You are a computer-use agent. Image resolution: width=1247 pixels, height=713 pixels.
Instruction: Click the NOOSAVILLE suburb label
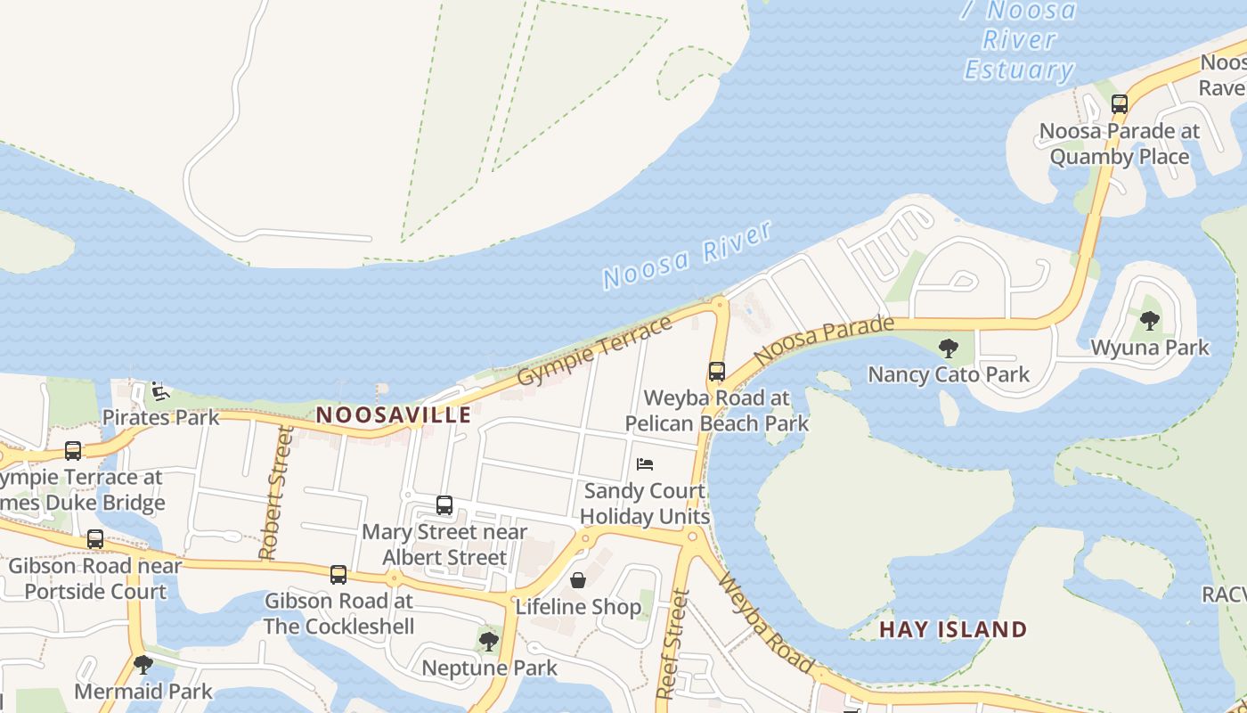tap(394, 414)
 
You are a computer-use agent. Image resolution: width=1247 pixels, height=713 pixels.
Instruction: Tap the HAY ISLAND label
tap(953, 629)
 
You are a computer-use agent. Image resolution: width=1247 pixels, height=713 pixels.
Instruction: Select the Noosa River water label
tap(687, 255)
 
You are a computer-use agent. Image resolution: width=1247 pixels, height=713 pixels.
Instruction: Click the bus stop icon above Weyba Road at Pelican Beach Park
tap(717, 372)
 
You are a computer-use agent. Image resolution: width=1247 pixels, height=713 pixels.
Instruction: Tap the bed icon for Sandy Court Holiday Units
tap(645, 463)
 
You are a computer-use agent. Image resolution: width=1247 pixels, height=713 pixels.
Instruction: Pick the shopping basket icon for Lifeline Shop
tap(578, 580)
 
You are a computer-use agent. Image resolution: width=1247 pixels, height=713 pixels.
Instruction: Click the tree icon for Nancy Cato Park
tap(949, 348)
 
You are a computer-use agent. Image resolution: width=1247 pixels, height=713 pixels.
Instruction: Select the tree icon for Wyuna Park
tap(1150, 321)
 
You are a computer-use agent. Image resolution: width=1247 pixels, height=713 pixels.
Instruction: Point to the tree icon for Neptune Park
tap(488, 640)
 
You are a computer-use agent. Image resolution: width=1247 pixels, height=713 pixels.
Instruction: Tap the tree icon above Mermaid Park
tap(143, 664)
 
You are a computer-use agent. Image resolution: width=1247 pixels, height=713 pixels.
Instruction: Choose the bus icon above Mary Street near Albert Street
tap(444, 505)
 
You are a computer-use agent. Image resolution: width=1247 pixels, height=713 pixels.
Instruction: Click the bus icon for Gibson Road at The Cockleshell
tap(338, 575)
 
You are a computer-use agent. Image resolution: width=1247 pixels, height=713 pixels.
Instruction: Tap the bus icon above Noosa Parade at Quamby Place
tap(1120, 104)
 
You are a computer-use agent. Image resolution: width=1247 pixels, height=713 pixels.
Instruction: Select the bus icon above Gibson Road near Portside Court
tap(94, 539)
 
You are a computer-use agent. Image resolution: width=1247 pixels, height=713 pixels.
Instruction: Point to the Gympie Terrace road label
tap(594, 351)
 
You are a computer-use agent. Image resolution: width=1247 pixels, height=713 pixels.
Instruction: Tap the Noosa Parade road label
tap(823, 340)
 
